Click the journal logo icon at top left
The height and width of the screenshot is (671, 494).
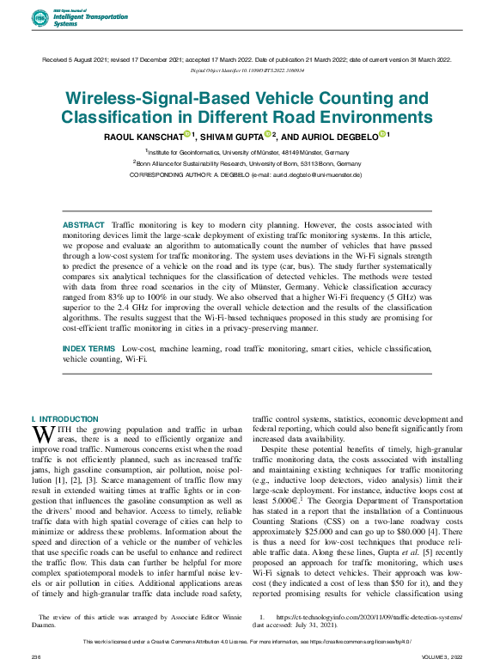[x=40, y=19]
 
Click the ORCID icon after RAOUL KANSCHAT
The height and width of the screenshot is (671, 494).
[x=186, y=133]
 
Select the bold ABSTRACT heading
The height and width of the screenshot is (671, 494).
[x=84, y=224]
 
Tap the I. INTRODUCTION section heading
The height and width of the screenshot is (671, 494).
[x=64, y=418]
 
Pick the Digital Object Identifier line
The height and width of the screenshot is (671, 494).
[x=247, y=70]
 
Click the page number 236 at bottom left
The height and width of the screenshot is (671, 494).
[x=36, y=657]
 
